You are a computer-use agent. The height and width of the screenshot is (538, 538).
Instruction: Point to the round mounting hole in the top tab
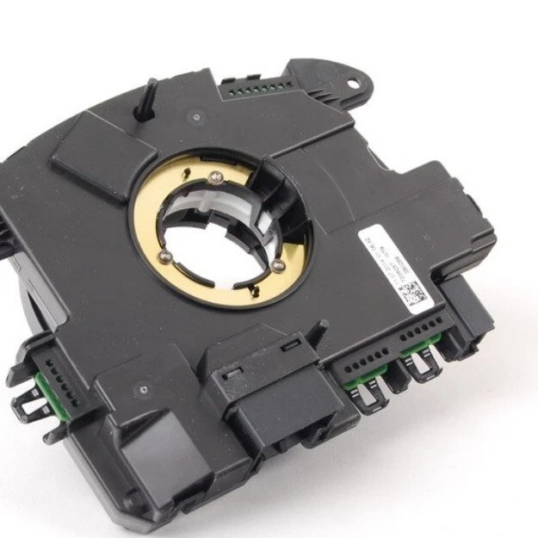[x=352, y=83]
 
